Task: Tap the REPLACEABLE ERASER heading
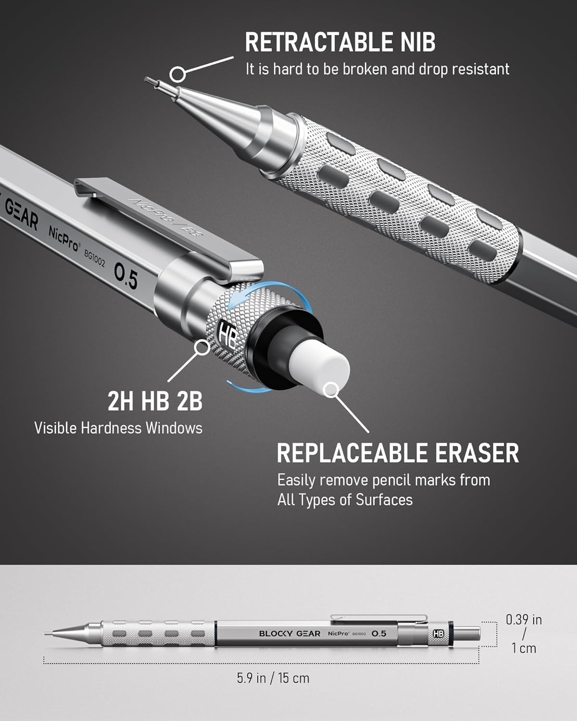click(398, 453)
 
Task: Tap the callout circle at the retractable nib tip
click(178, 74)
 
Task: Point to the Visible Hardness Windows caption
click(118, 428)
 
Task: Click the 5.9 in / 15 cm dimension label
click(273, 678)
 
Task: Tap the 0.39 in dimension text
click(524, 620)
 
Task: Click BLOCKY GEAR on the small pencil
click(289, 634)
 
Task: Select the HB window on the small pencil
click(438, 634)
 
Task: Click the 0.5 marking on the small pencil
click(379, 634)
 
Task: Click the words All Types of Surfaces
click(345, 500)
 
